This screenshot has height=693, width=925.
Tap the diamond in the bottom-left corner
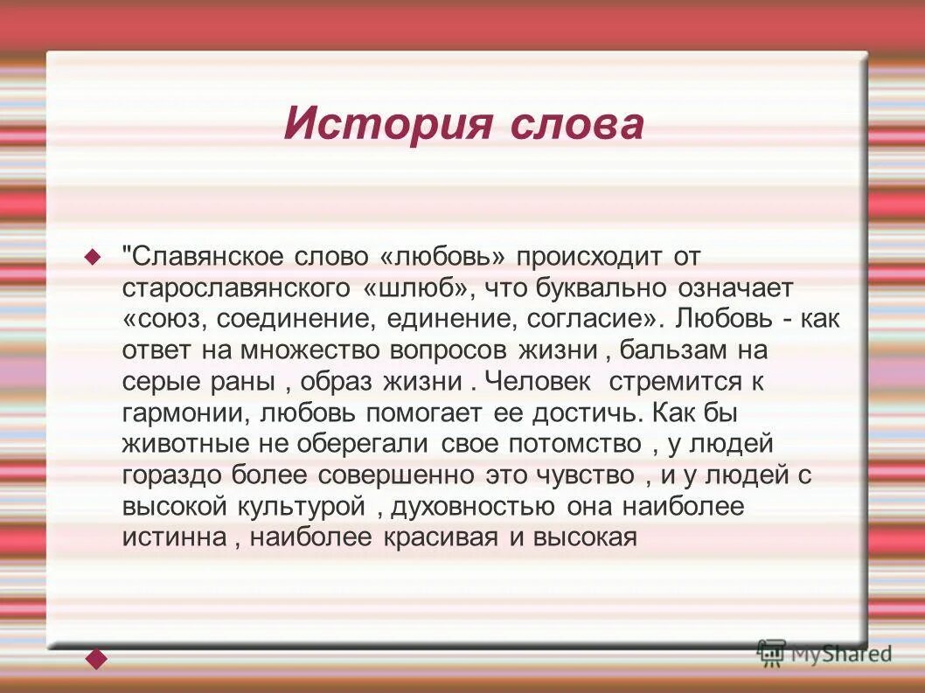click(x=95, y=658)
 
